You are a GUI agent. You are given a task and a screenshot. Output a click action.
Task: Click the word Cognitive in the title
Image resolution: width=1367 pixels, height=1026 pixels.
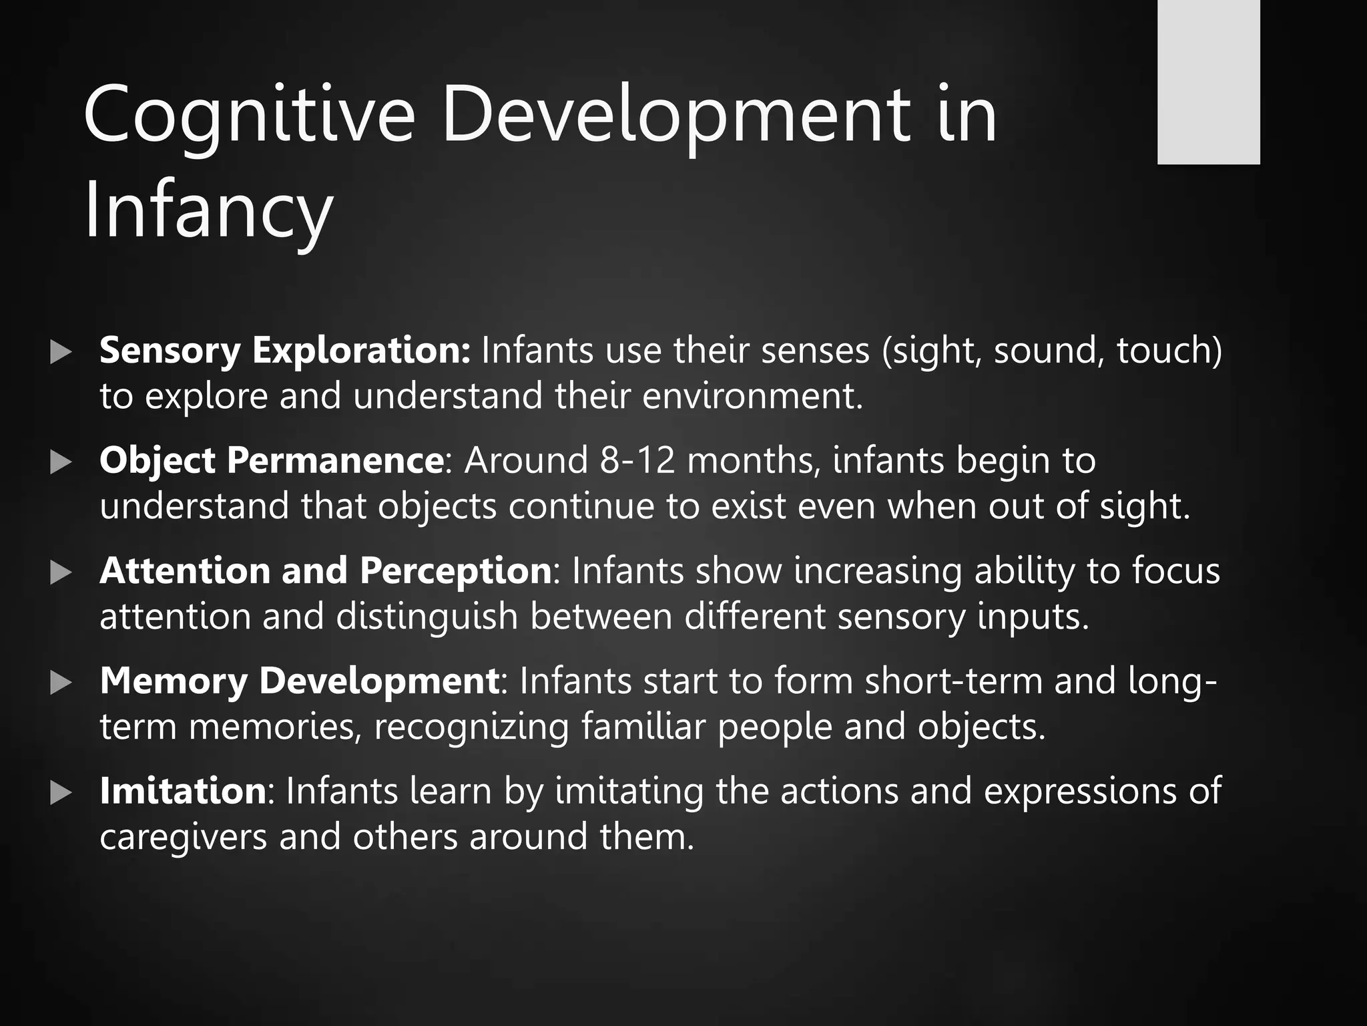point(249,115)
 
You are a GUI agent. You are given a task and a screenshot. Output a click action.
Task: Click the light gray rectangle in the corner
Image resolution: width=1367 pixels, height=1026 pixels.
point(1208,81)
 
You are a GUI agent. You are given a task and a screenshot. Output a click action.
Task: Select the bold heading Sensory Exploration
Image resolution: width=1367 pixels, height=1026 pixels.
point(285,350)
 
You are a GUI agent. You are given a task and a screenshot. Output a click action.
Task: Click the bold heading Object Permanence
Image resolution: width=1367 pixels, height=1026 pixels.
point(271,460)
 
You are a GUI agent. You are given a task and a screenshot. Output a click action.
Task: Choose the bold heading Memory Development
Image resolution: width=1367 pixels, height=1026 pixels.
point(299,681)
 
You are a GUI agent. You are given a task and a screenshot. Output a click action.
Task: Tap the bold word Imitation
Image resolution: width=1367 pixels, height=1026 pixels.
point(183,791)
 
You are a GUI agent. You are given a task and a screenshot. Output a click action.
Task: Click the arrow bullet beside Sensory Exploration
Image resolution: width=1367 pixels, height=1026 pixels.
point(61,351)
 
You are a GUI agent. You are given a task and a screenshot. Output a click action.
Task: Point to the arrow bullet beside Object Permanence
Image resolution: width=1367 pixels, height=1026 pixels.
point(61,462)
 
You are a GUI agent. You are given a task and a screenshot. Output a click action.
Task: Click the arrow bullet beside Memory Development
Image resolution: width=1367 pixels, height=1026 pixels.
point(61,682)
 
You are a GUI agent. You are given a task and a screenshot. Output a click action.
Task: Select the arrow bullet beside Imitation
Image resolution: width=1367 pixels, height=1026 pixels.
point(61,792)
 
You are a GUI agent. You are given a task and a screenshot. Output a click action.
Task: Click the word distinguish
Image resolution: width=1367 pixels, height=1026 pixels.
point(427,617)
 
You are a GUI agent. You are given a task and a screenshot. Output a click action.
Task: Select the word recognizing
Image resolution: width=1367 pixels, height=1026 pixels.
point(471,727)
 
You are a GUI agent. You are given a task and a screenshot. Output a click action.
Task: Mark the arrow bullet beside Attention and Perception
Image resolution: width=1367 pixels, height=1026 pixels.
point(61,572)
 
